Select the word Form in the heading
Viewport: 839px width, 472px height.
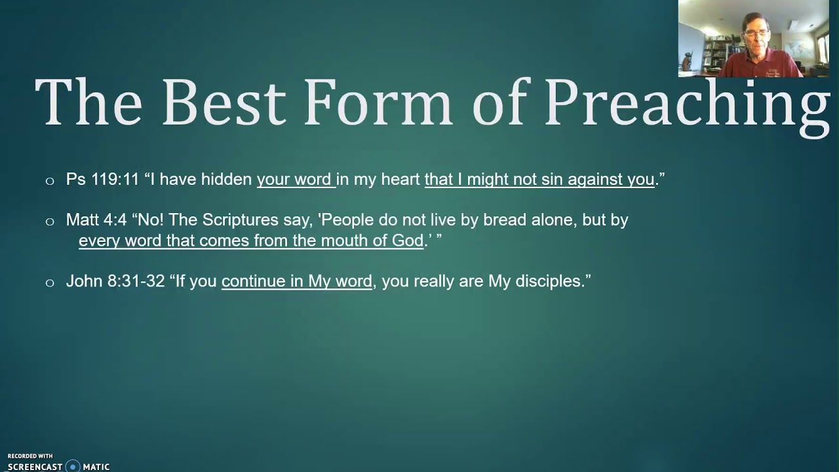(x=377, y=104)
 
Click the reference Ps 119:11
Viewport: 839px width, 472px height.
(x=102, y=180)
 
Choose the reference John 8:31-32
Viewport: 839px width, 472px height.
(x=115, y=282)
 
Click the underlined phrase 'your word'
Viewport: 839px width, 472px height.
(x=295, y=180)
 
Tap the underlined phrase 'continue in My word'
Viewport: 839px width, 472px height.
(x=297, y=282)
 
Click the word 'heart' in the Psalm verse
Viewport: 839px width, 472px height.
(x=399, y=180)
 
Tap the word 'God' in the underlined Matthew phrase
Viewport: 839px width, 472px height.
(x=408, y=241)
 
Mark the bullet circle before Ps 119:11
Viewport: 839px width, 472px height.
(x=50, y=181)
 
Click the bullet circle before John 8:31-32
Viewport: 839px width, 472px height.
(x=50, y=283)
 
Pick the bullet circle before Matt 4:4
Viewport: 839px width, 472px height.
(x=50, y=222)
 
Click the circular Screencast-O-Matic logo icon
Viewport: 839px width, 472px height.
(x=72, y=467)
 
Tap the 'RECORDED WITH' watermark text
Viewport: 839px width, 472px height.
(x=30, y=456)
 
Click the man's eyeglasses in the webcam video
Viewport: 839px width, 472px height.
(x=756, y=32)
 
